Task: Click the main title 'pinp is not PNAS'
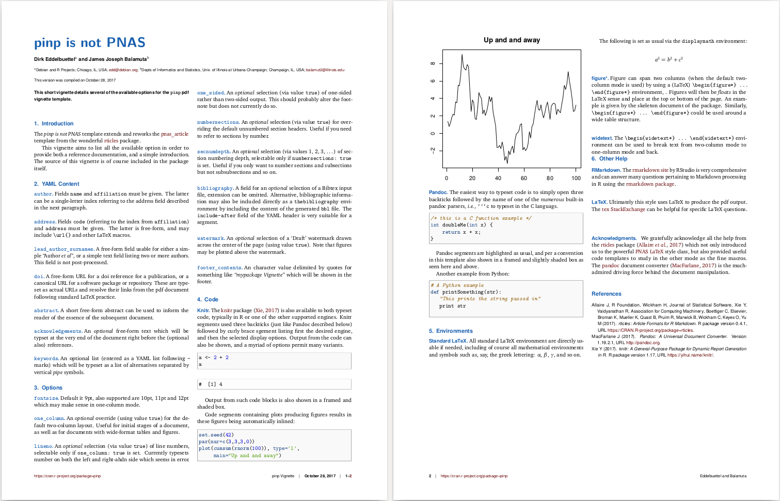click(90, 43)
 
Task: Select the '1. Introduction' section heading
click(54, 124)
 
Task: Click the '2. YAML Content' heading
click(57, 184)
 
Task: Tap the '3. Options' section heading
click(48, 388)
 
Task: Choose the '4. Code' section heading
click(208, 300)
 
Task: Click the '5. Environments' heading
click(451, 331)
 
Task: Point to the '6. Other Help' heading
click(609, 159)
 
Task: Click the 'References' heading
click(607, 294)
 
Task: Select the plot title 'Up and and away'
click(512, 40)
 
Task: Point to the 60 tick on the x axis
click(524, 178)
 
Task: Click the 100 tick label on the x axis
click(576, 178)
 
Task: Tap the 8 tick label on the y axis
click(433, 63)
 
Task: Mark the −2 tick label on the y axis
click(433, 150)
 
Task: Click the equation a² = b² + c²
click(668, 60)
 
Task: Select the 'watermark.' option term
click(211, 239)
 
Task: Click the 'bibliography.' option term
click(215, 189)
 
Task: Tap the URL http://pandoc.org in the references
click(643, 343)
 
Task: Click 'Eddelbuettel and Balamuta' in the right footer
click(723, 476)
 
